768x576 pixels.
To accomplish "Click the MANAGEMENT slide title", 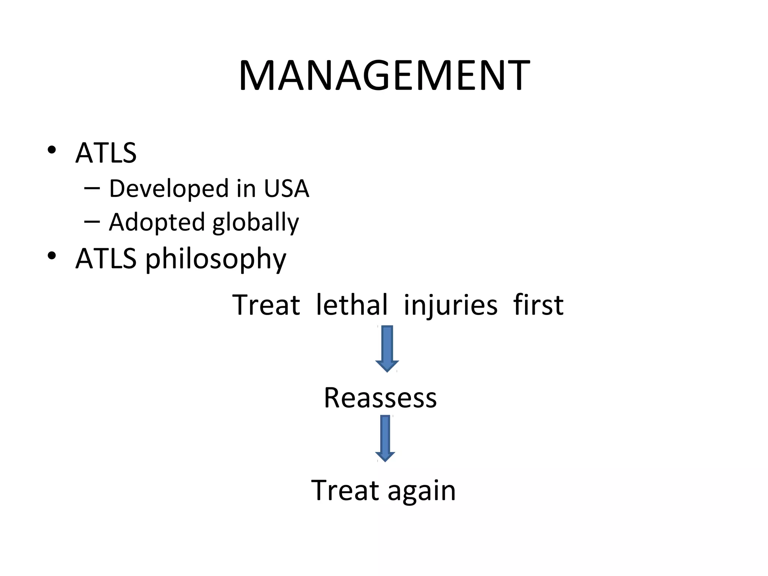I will tap(384, 76).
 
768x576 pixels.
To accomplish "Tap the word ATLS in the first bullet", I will tap(106, 153).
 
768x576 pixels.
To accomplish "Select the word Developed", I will tap(169, 189).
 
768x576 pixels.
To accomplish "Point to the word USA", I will tap(286, 189).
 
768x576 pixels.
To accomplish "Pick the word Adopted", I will tap(156, 222).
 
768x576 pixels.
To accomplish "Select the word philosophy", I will tap(216, 259).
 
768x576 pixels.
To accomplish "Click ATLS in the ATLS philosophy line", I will tap(106, 259).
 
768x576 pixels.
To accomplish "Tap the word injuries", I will tap(451, 305).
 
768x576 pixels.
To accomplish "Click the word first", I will tap(538, 304).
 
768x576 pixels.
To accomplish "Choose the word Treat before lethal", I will tap(266, 304).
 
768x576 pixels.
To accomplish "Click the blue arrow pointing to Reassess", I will tap(387, 348).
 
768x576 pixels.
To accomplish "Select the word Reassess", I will tap(380, 397).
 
